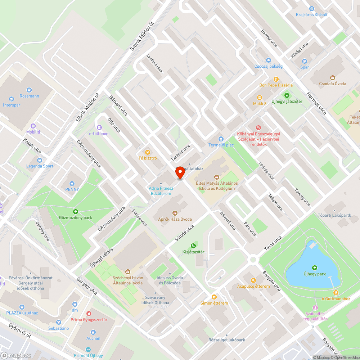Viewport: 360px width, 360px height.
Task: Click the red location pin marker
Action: (180, 172)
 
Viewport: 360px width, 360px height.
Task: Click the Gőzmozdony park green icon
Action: (76, 212)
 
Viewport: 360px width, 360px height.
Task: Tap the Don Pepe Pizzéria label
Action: (276, 85)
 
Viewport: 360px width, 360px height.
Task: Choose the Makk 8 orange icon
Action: (259, 98)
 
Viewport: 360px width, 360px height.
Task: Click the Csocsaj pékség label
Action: (268, 66)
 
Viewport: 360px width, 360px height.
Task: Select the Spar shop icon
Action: (305, 61)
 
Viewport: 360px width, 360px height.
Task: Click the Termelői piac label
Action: (221, 145)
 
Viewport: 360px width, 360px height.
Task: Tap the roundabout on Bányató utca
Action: (253, 259)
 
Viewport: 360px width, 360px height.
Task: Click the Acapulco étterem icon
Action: (253, 280)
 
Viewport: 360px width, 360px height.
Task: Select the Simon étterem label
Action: (214, 303)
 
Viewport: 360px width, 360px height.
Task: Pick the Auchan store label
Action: (93, 338)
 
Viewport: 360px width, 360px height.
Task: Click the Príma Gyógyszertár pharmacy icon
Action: (89, 314)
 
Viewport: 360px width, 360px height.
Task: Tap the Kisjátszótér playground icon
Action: (193, 246)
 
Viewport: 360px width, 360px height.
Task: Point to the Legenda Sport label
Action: (40, 166)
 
